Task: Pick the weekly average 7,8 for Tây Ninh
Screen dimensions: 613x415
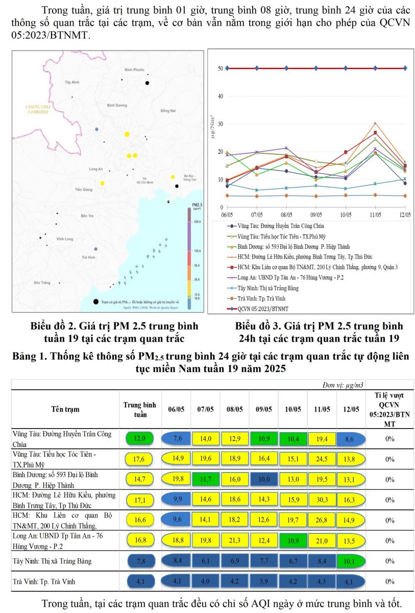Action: tap(140, 561)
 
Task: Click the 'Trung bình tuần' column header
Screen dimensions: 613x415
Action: tap(140, 409)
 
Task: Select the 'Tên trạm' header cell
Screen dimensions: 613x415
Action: tap(65, 409)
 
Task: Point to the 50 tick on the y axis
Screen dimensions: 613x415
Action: tap(220, 68)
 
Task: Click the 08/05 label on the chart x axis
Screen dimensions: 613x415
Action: tap(286, 215)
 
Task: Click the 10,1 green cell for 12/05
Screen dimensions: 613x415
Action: tap(350, 561)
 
